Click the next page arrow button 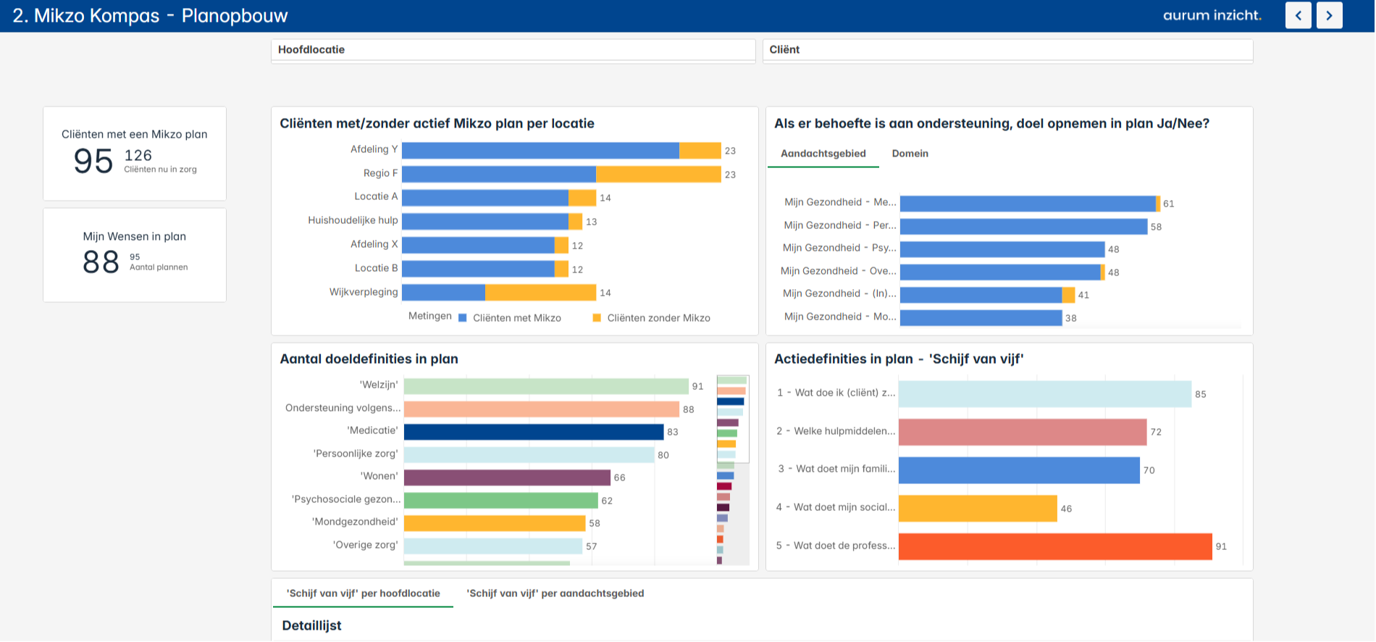pyautogui.click(x=1329, y=15)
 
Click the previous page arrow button pyautogui.click(x=1298, y=15)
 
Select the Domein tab pyautogui.click(x=910, y=154)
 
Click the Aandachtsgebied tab pyautogui.click(x=823, y=154)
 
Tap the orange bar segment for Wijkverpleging pyautogui.click(x=540, y=293)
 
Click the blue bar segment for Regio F pyautogui.click(x=498, y=174)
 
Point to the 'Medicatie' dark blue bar pyautogui.click(x=533, y=432)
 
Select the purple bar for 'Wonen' pyautogui.click(x=507, y=478)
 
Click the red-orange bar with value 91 pyautogui.click(x=1054, y=546)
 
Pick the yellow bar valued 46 pyautogui.click(x=978, y=509)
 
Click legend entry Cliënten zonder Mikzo pyautogui.click(x=658, y=318)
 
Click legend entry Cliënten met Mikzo pyautogui.click(x=516, y=318)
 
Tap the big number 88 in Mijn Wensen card pyautogui.click(x=101, y=262)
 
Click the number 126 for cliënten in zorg pyautogui.click(x=138, y=156)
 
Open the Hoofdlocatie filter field pyautogui.click(x=513, y=50)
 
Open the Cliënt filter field pyautogui.click(x=1007, y=50)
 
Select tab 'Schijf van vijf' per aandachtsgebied pyautogui.click(x=555, y=593)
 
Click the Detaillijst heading pyautogui.click(x=311, y=625)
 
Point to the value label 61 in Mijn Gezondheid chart pyautogui.click(x=1168, y=204)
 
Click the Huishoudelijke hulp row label pyautogui.click(x=353, y=220)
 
